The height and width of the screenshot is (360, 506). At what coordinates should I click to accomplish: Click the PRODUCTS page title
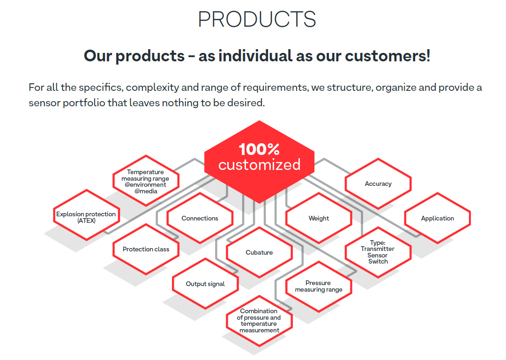pos(257,19)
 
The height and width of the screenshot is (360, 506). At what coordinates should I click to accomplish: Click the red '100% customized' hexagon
pos(260,162)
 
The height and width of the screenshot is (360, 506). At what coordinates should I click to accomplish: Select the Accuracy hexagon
pos(378,184)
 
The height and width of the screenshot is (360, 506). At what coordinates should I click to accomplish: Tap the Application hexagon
pos(438,218)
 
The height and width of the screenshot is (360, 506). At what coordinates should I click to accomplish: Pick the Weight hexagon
pos(319,218)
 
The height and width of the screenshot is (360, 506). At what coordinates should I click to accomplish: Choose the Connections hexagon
pos(200,218)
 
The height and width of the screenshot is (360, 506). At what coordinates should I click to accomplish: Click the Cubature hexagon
pos(260,252)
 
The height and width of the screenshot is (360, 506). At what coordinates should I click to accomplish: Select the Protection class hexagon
pos(146,249)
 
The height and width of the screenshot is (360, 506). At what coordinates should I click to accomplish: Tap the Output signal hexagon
pos(205,284)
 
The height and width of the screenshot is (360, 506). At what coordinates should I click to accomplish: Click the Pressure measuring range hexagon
pos(319,287)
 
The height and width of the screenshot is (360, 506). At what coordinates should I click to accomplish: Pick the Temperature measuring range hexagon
pos(146,181)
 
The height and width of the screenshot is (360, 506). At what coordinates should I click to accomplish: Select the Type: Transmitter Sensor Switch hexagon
pos(378,252)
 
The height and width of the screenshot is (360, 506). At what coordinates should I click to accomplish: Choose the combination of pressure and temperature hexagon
pos(260,321)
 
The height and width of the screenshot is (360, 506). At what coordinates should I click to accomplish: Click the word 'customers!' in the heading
pos(387,56)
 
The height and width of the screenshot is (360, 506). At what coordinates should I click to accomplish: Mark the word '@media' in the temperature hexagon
pos(146,191)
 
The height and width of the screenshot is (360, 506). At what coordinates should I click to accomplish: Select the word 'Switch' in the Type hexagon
pos(378,262)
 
